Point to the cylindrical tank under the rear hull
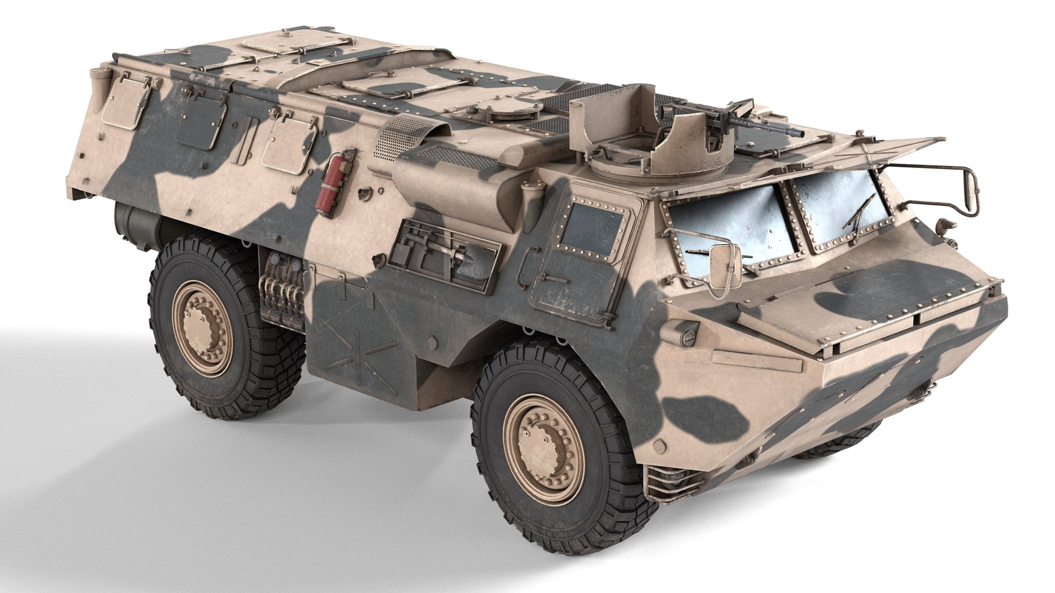tap(135, 225)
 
